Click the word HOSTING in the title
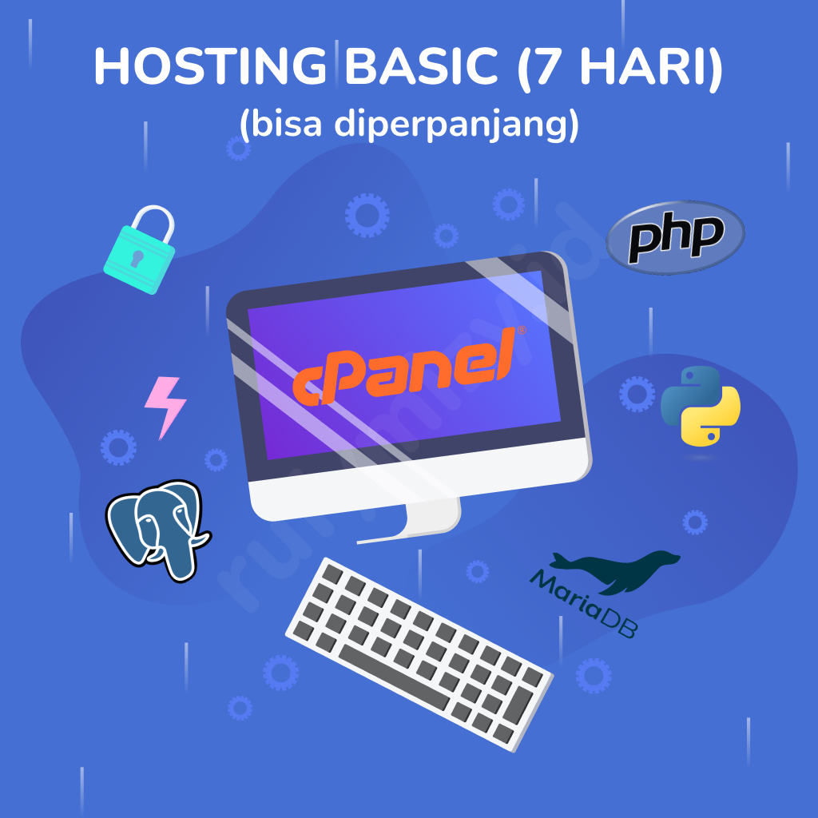click(209, 67)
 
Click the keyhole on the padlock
click(138, 258)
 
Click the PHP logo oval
click(676, 236)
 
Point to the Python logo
click(701, 405)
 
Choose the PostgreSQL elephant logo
click(156, 527)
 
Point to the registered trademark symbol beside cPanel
click(521, 329)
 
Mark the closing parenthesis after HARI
click(713, 69)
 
